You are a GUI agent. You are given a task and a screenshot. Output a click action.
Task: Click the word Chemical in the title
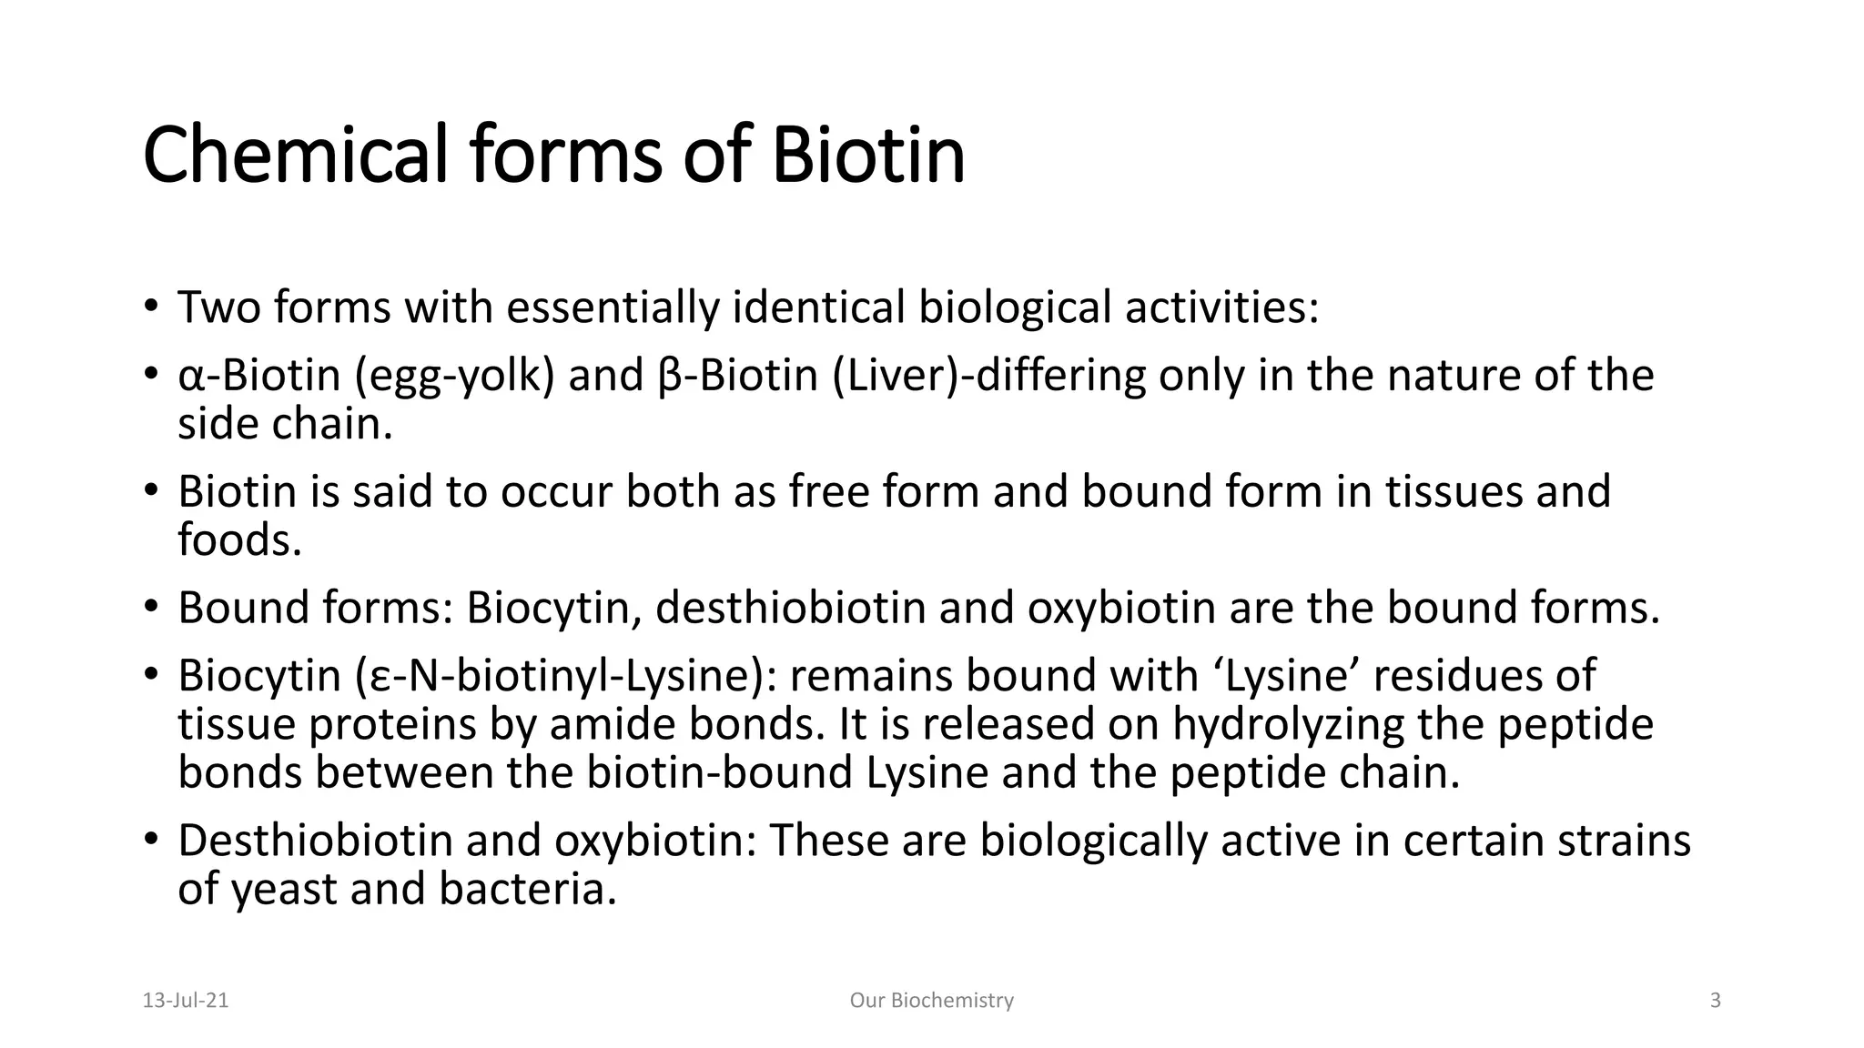[295, 155]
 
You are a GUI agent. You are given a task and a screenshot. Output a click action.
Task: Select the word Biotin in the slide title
[867, 155]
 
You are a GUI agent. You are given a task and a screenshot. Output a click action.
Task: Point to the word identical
[818, 307]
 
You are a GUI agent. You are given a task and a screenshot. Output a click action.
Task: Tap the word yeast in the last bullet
[284, 889]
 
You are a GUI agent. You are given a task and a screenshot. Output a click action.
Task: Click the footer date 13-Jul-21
[186, 1001]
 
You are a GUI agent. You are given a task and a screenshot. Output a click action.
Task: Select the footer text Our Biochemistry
[931, 1001]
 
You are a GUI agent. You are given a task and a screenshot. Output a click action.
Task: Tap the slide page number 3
[1716, 1001]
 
